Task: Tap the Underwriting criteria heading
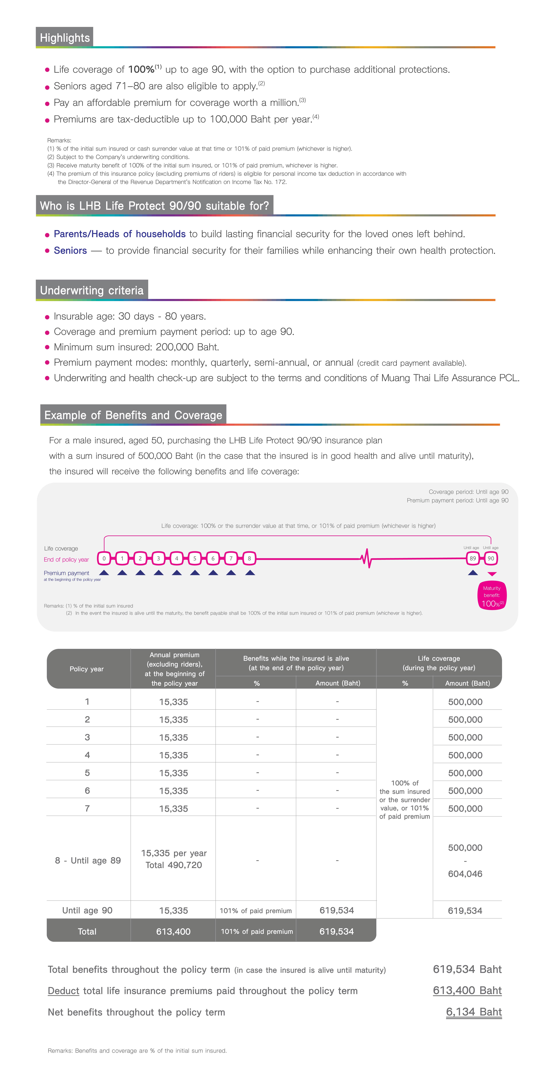coord(92,290)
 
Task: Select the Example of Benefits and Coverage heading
coord(133,415)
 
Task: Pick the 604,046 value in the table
coord(465,874)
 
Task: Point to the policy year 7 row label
coord(87,808)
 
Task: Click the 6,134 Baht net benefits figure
coord(474,1012)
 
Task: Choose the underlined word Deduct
coord(63,991)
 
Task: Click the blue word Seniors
coord(70,251)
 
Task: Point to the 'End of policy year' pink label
coord(66,559)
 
